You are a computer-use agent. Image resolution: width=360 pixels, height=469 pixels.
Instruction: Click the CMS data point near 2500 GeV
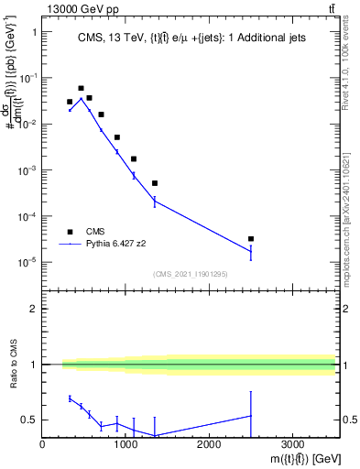(x=251, y=239)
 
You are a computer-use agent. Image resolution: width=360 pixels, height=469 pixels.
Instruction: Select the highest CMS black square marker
(x=81, y=89)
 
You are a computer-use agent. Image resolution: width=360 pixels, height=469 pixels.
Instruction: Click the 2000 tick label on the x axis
(x=209, y=442)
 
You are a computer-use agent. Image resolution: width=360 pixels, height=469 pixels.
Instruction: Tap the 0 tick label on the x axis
(x=42, y=442)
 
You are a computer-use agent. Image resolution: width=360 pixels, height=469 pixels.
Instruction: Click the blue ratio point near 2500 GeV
(x=251, y=416)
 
